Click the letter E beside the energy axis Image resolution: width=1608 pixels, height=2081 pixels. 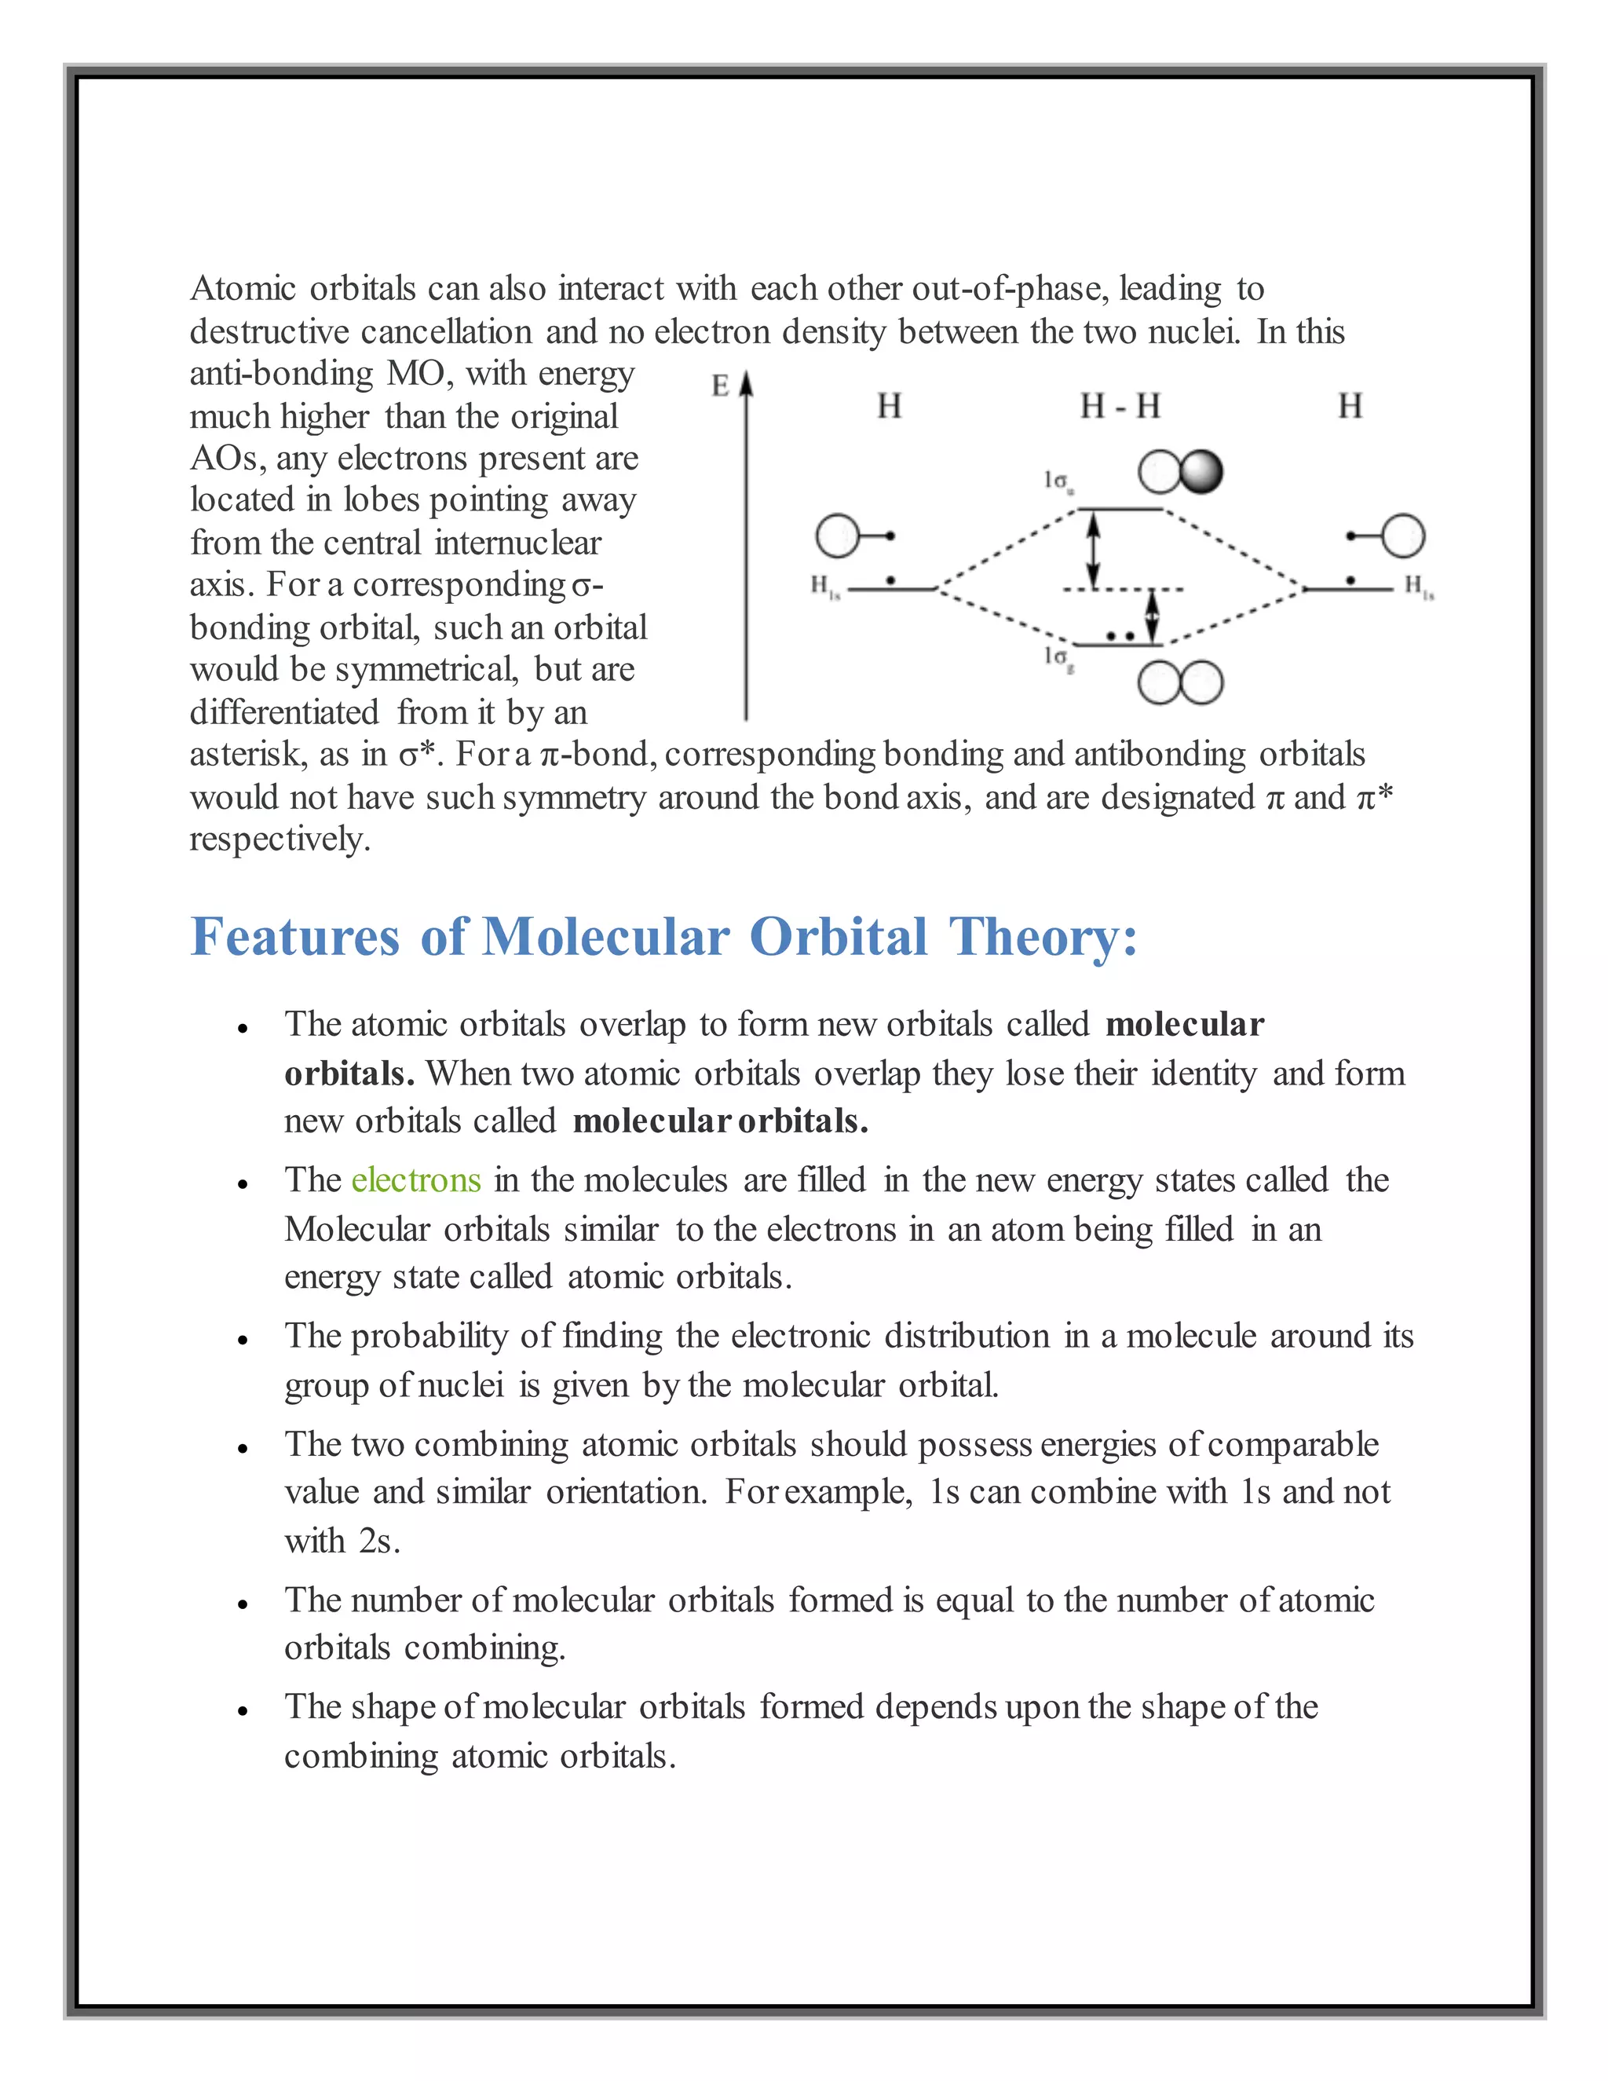(720, 386)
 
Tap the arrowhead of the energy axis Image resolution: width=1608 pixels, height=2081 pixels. (747, 383)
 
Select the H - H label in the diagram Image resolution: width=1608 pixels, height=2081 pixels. (1120, 407)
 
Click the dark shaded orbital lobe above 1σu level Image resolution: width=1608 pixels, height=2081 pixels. (1201, 472)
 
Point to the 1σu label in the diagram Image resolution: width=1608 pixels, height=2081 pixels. (1058, 481)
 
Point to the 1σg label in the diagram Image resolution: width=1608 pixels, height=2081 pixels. (1058, 656)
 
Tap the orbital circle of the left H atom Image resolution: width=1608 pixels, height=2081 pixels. (837, 536)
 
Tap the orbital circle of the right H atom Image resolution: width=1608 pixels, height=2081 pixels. (1403, 536)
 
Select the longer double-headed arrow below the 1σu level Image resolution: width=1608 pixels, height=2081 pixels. (1094, 550)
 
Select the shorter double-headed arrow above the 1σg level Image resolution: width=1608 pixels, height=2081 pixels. (1152, 616)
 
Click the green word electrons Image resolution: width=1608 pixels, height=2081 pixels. (416, 1180)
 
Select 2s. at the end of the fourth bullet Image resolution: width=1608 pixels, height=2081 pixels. (379, 1541)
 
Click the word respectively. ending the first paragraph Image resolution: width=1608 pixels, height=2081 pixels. (280, 839)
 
